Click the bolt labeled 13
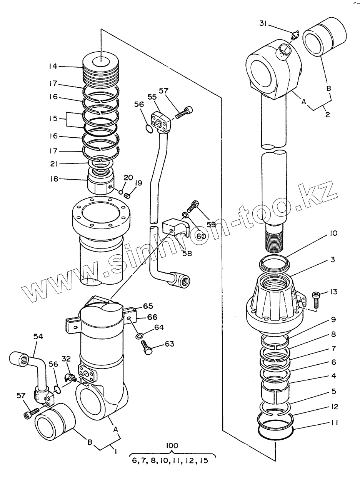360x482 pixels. tap(316, 300)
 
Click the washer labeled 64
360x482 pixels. tap(139, 335)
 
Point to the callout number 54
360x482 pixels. tap(38, 337)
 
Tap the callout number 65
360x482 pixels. tap(148, 306)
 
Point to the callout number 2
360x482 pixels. tap(327, 114)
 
